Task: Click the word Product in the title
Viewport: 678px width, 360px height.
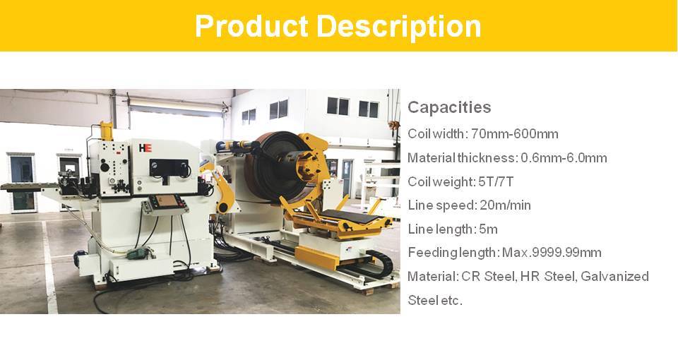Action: click(x=251, y=27)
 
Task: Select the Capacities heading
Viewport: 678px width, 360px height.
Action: click(x=449, y=107)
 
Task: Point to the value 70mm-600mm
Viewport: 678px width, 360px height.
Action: click(x=515, y=134)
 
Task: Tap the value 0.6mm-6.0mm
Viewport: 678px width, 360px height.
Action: click(x=564, y=157)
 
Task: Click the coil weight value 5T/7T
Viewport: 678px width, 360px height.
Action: click(x=496, y=181)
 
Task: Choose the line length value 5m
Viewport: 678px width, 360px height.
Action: click(x=488, y=229)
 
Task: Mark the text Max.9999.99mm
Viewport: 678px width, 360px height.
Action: click(x=552, y=253)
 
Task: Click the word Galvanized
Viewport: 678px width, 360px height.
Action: click(x=614, y=276)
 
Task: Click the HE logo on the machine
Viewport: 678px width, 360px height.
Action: click(x=145, y=148)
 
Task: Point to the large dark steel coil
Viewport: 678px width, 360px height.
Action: click(x=276, y=167)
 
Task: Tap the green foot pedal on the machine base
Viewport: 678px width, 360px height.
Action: click(x=138, y=253)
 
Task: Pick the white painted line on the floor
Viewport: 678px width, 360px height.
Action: click(x=49, y=267)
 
